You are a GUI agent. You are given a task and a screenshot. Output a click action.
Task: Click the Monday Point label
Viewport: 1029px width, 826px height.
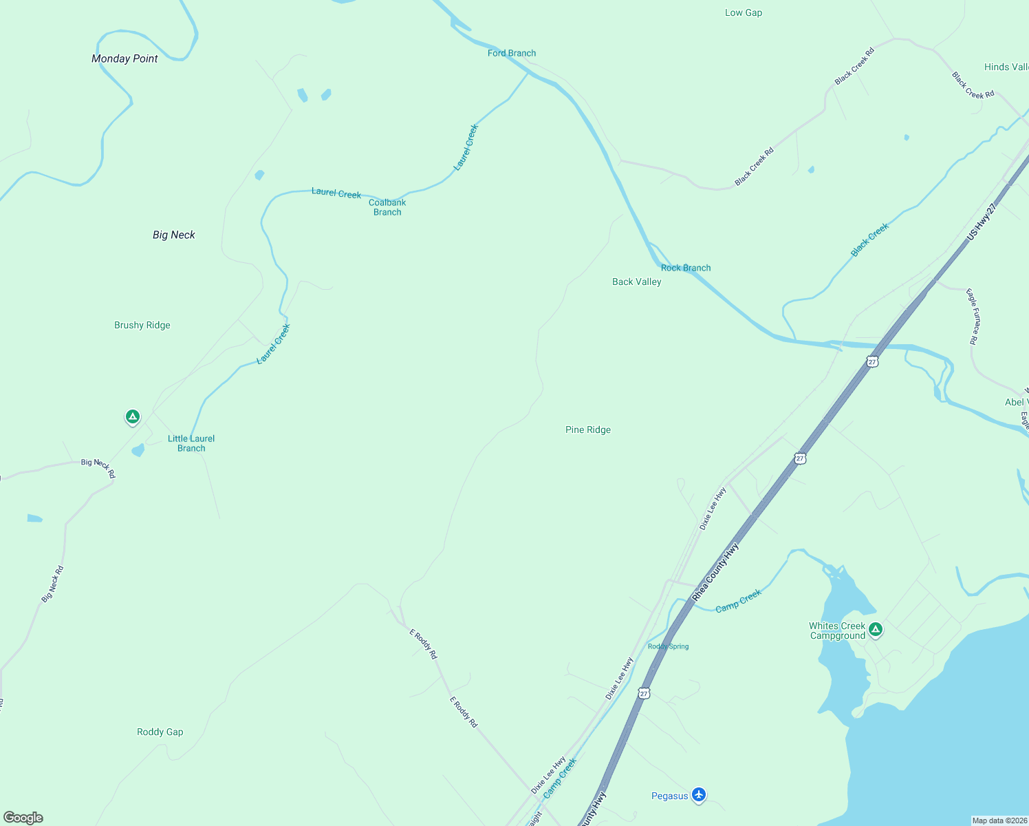point(124,59)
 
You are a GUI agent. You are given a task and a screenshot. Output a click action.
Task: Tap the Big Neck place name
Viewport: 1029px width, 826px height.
point(173,235)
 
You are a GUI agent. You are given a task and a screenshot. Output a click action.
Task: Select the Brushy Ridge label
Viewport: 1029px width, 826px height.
point(142,326)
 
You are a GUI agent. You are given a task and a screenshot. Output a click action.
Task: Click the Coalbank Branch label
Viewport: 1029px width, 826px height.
point(387,207)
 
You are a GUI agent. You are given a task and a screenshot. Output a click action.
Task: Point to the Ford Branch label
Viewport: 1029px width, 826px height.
point(512,54)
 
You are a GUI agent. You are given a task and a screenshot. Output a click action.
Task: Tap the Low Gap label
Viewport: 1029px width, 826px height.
point(744,13)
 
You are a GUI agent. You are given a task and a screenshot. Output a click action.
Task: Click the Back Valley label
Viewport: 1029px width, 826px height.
point(637,282)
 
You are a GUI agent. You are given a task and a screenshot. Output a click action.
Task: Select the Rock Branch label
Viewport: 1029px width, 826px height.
point(686,268)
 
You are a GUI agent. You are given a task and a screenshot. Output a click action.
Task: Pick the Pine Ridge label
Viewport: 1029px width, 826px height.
point(588,430)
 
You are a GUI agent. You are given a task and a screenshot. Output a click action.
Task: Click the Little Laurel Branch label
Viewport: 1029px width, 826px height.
point(191,443)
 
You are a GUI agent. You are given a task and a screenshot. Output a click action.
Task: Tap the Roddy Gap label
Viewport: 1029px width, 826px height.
point(160,732)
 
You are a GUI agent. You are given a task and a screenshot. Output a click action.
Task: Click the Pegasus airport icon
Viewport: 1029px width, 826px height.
point(699,795)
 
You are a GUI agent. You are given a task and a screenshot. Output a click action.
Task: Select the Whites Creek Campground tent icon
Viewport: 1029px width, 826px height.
point(875,629)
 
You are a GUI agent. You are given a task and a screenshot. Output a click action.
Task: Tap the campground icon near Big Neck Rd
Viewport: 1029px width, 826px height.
point(133,416)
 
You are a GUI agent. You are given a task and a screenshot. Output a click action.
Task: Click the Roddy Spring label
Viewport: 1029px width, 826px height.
point(668,647)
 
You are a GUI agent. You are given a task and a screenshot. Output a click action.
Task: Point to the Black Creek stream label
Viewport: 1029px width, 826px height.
point(869,240)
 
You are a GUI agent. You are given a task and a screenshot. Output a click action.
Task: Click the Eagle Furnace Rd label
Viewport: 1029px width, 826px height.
point(973,317)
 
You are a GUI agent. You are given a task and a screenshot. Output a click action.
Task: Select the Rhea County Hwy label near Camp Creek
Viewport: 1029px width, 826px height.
point(715,572)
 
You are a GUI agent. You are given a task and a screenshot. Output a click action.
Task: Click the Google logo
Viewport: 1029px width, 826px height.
point(23,818)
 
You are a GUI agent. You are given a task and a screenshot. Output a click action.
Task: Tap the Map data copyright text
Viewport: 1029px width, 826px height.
point(999,820)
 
